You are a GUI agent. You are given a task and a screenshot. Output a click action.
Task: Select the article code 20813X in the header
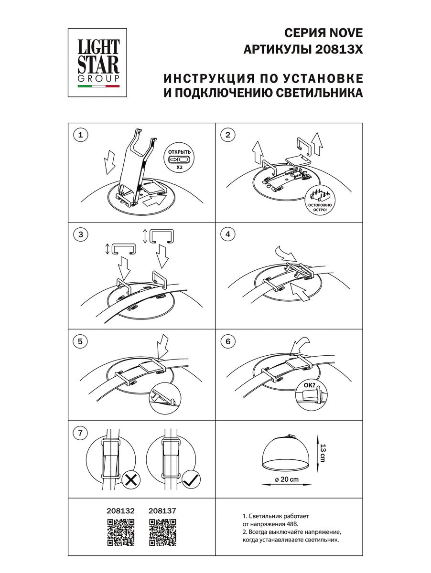339,49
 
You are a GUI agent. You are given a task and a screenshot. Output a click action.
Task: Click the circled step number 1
81,135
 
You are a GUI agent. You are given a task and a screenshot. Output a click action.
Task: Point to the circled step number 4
228,234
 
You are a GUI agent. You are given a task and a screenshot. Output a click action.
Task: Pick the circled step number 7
80,433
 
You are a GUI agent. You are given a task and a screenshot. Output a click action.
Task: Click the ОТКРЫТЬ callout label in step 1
179,152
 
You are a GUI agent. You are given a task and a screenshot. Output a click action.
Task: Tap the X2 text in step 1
179,168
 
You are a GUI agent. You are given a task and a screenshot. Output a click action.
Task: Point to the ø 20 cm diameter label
287,479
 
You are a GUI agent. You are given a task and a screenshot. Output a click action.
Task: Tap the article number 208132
120,510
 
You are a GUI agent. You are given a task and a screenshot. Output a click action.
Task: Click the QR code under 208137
163,532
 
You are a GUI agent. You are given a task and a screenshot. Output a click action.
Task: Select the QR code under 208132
121,532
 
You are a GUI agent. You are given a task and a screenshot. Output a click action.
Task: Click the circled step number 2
228,135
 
